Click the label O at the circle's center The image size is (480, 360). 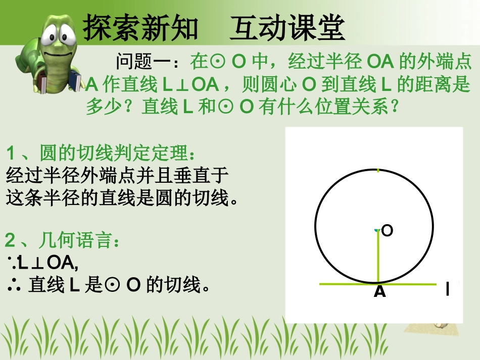point(387,231)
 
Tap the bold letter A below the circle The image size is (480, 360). point(379,292)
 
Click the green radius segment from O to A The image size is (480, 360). point(377,258)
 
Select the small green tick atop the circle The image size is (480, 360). point(378,170)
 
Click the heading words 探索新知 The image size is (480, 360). point(141,26)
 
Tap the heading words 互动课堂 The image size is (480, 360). point(287,26)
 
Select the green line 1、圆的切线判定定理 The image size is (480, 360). point(100,152)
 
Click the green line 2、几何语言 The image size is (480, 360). point(63,241)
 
